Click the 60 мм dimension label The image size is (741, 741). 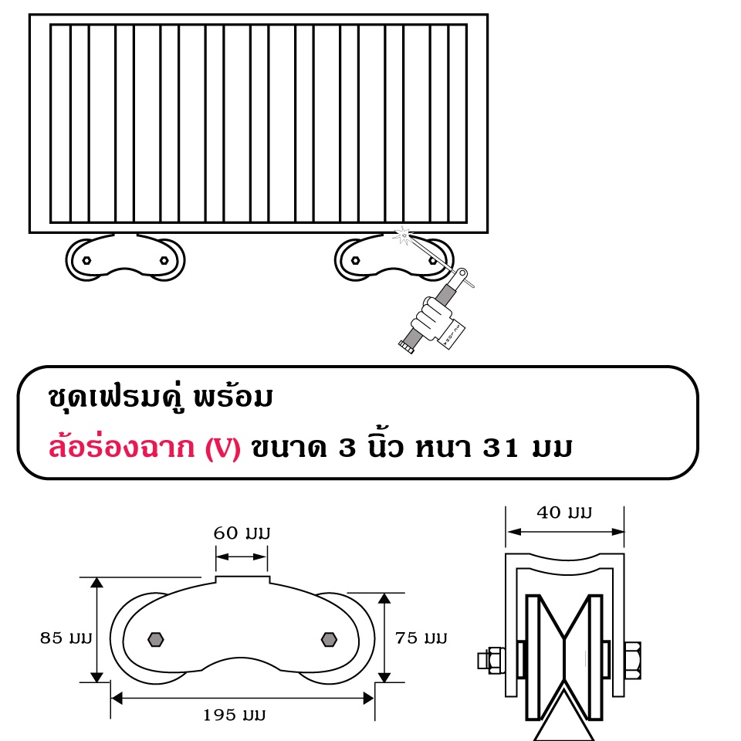click(x=242, y=533)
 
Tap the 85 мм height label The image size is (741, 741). click(x=66, y=638)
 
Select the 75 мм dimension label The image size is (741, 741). click(x=421, y=638)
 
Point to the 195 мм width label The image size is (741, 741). click(x=235, y=715)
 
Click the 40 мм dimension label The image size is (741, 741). click(x=564, y=513)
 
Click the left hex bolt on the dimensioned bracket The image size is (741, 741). click(x=155, y=640)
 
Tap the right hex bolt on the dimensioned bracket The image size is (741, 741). click(x=329, y=640)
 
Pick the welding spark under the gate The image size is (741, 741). click(x=403, y=235)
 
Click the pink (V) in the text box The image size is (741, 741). click(x=222, y=448)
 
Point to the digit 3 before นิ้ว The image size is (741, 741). click(x=347, y=448)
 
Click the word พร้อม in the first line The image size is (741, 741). click(x=233, y=396)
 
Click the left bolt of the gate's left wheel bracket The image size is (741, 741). click(x=86, y=260)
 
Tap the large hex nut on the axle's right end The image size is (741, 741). click(x=632, y=660)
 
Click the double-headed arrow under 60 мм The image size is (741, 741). click(x=242, y=557)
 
